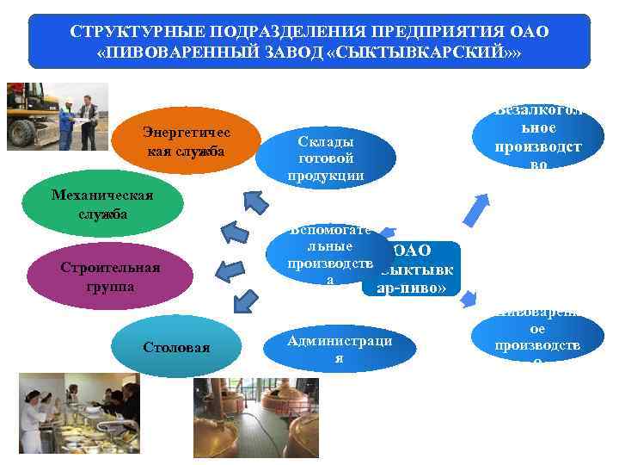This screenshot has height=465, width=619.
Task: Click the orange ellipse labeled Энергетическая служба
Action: (x=187, y=141)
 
